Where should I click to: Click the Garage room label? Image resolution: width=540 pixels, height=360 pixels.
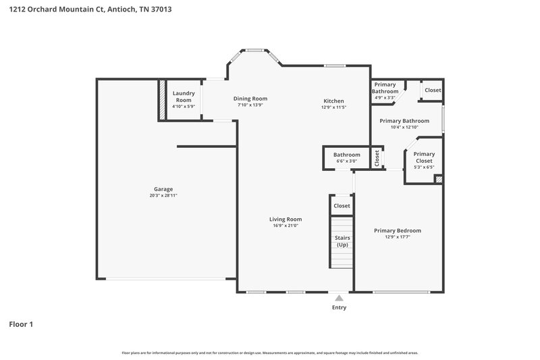(163, 188)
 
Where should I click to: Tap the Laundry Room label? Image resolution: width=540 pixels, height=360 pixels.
(184, 97)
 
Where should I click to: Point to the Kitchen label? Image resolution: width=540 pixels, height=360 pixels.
(333, 101)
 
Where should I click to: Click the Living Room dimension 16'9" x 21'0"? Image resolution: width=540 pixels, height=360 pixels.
(286, 226)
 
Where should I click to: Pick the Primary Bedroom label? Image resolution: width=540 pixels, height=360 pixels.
(398, 230)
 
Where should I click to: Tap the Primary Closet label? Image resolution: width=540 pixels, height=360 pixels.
(424, 157)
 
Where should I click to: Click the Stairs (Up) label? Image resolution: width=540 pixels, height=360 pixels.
(342, 241)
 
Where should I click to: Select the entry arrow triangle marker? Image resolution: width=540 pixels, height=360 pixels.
(339, 297)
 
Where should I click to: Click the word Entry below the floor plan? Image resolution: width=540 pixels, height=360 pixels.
(339, 308)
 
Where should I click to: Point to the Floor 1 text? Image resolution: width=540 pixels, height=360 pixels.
(21, 324)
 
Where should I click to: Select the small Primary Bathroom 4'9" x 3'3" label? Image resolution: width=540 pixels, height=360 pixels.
(385, 91)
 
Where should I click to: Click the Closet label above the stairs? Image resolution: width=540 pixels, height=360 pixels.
(342, 205)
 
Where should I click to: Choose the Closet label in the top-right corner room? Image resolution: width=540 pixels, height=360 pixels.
(433, 90)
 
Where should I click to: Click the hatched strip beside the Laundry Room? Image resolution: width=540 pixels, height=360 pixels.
(162, 100)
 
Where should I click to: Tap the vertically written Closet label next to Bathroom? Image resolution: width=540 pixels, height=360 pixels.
(377, 157)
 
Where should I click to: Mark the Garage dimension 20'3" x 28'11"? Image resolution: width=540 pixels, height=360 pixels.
(163, 196)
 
